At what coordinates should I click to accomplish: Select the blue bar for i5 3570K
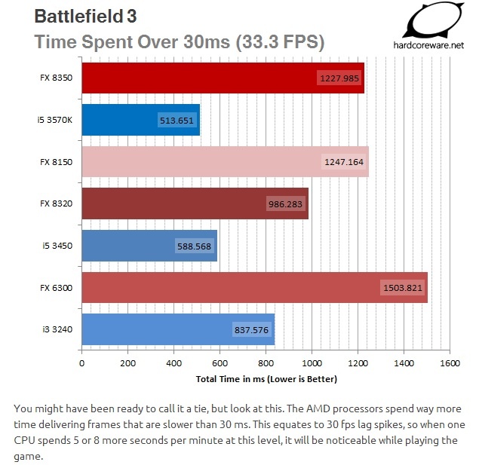tap(140, 120)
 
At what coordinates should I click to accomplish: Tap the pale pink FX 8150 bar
tap(225, 161)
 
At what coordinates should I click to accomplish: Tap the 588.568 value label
tap(195, 246)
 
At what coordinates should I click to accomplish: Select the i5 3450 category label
tap(60, 246)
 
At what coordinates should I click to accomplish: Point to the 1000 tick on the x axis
tap(312, 363)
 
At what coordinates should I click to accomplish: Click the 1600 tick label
tap(450, 363)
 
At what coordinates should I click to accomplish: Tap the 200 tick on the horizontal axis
tap(127, 363)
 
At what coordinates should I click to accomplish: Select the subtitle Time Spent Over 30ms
tap(180, 41)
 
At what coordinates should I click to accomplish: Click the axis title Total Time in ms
tap(266, 378)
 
